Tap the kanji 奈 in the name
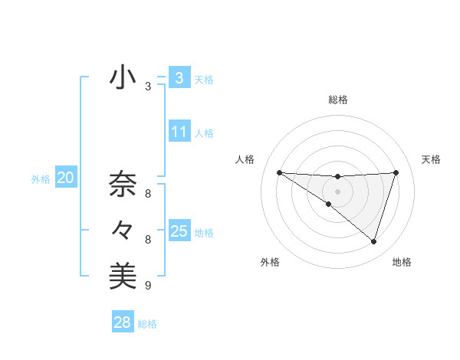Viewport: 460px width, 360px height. click(123, 185)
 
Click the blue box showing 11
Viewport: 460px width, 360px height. click(179, 132)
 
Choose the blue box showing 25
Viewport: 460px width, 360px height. click(179, 231)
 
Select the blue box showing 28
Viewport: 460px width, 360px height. click(122, 322)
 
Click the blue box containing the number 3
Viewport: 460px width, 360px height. click(179, 78)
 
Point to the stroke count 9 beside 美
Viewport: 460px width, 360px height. click(148, 286)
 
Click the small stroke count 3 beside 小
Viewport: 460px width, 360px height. click(148, 87)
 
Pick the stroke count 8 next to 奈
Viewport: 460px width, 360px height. click(148, 194)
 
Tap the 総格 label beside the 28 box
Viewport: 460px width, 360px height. click(147, 324)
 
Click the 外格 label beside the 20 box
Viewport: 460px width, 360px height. click(41, 179)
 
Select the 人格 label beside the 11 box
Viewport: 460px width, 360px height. click(204, 133)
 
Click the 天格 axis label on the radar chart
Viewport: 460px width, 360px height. click(431, 159)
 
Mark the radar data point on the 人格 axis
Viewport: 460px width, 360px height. click(279, 172)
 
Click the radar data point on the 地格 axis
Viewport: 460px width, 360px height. click(373, 241)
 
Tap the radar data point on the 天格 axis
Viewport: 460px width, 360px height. click(396, 172)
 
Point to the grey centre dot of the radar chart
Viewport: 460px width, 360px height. click(337, 191)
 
